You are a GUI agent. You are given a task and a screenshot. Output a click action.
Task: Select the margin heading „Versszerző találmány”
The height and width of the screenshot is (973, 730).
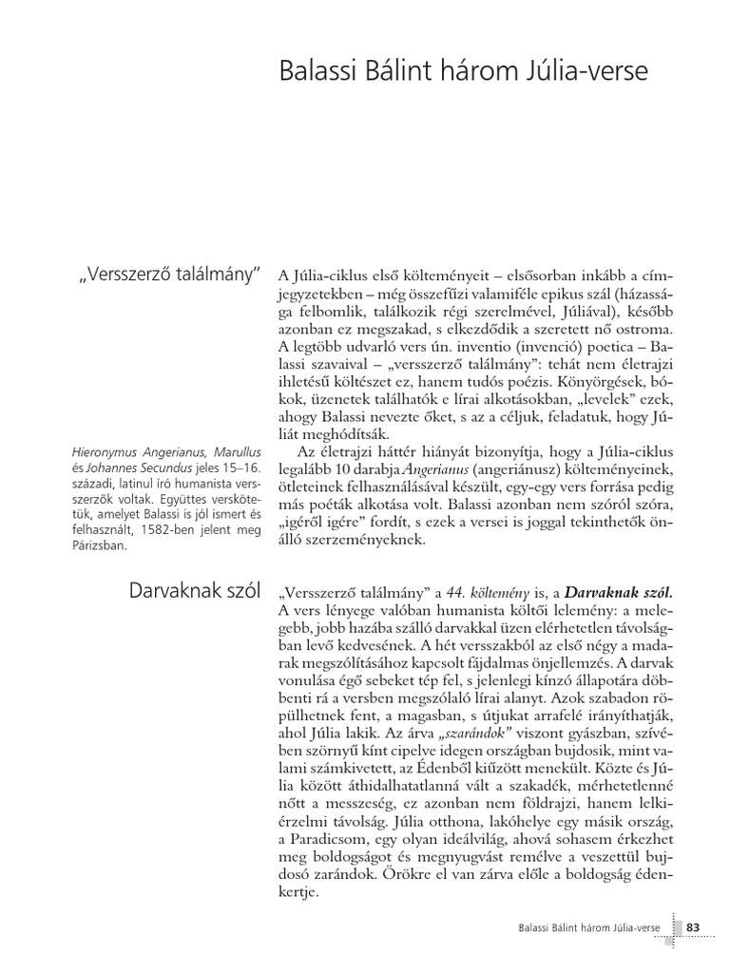pos(169,276)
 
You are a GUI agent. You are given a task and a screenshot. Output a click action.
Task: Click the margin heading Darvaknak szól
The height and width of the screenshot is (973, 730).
pos(194,590)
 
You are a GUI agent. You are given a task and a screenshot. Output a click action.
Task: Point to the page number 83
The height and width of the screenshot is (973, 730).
pos(692,925)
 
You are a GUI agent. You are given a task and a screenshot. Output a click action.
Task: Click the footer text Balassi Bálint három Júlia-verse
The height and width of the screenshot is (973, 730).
pos(584,926)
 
